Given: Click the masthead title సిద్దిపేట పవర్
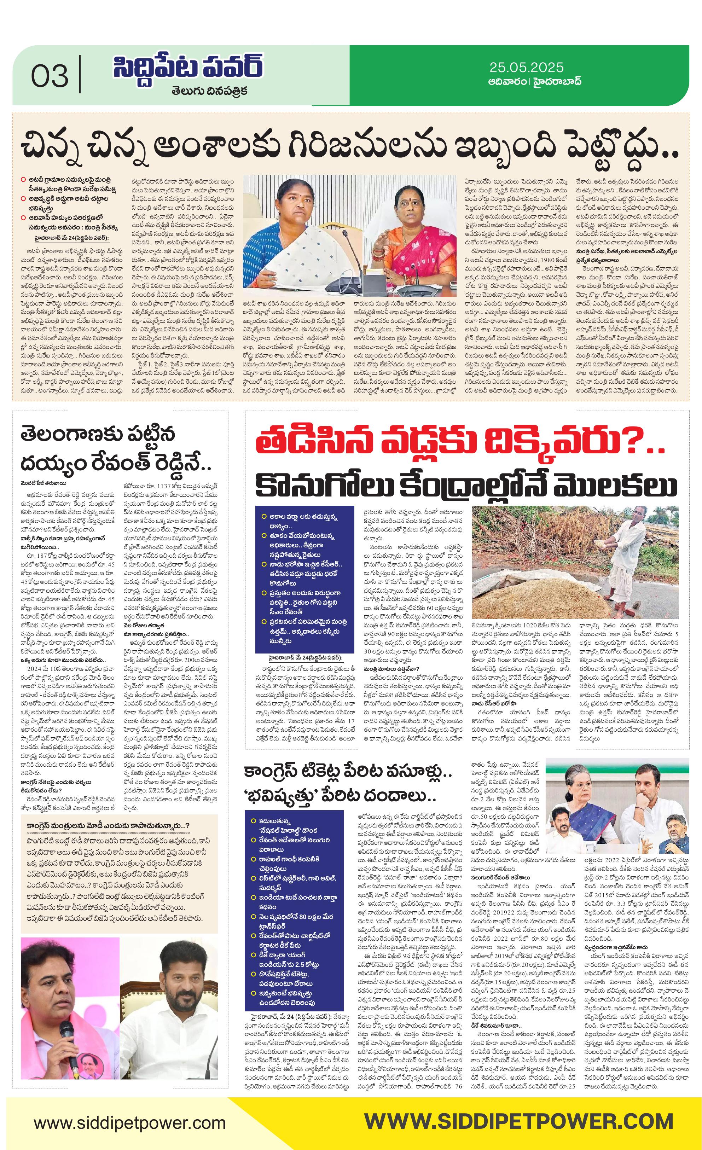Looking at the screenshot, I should click(188, 68).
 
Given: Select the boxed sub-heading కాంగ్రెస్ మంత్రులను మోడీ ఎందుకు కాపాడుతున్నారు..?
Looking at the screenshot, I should click(108, 826).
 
